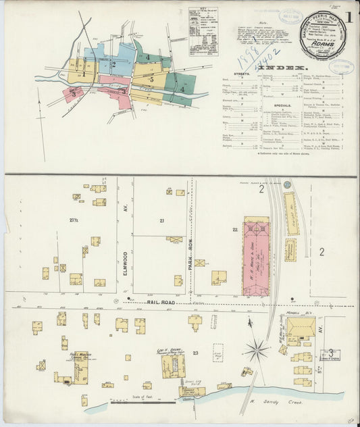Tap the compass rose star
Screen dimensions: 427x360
256,349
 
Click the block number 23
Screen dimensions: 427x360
195,353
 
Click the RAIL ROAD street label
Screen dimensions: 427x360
161,303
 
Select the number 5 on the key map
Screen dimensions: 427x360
152,80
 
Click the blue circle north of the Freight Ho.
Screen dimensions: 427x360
287,183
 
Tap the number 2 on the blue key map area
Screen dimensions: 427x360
113,65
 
